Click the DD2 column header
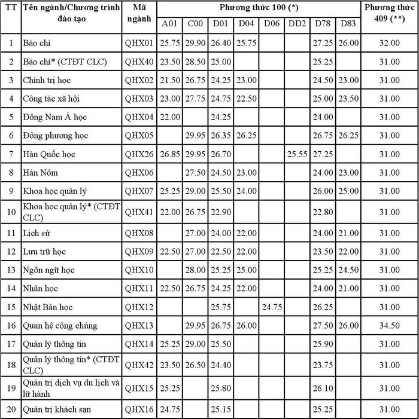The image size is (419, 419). [x=296, y=24]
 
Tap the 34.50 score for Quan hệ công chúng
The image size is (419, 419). [x=390, y=325]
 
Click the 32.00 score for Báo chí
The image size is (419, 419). [x=390, y=43]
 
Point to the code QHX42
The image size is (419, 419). [x=140, y=363]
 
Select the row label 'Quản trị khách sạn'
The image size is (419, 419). [x=57, y=409]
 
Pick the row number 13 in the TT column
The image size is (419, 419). [x=10, y=270]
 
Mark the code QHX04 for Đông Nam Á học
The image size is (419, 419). [x=140, y=117]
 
